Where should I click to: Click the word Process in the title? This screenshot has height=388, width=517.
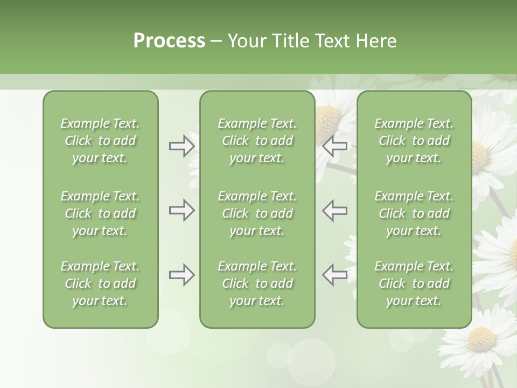(x=169, y=41)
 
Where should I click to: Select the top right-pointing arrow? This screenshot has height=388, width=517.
(x=181, y=146)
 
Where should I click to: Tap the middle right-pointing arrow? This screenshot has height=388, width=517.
(x=181, y=210)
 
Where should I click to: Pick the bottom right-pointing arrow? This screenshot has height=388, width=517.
(x=181, y=275)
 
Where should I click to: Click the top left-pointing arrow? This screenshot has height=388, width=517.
(x=335, y=146)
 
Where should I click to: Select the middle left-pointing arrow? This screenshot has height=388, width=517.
(x=335, y=210)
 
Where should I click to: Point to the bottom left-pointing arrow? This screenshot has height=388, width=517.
(x=335, y=275)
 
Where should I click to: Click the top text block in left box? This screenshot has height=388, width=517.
(x=100, y=141)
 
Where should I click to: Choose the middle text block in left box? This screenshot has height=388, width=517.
(x=100, y=213)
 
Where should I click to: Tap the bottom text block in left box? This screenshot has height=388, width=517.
(x=100, y=283)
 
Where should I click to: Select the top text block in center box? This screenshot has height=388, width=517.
(x=257, y=141)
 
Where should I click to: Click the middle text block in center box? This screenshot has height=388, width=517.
(x=257, y=213)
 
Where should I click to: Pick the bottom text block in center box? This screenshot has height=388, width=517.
(x=257, y=283)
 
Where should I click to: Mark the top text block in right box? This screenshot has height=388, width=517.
(x=414, y=141)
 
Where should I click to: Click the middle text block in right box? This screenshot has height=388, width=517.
(x=414, y=213)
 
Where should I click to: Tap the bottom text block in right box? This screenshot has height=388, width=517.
(x=414, y=283)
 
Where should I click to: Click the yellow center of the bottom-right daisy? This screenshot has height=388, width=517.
(x=481, y=339)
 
